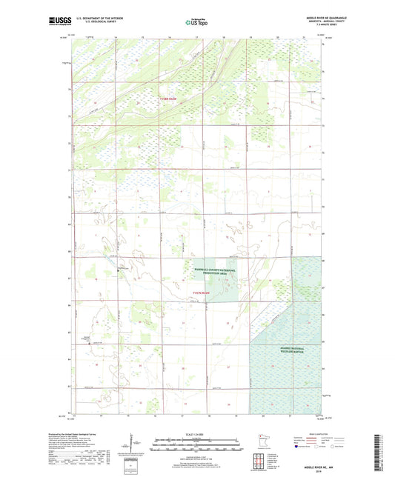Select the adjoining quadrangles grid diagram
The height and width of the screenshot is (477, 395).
coord(259,462)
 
